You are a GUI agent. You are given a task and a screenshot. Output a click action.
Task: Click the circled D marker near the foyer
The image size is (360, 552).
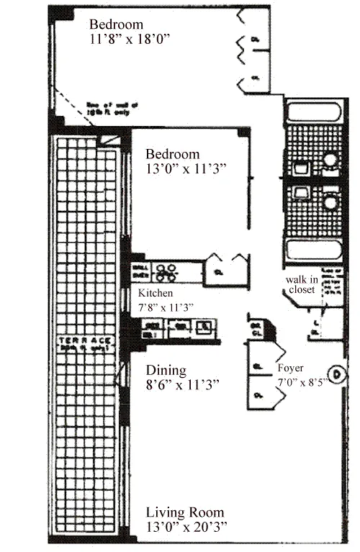coord(336,374)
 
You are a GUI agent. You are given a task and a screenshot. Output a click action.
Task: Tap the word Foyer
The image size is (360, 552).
coord(290,368)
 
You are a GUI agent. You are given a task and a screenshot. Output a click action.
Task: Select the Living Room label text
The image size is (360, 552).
coord(184,512)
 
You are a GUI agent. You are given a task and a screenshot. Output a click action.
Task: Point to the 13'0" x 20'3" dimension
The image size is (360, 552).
coord(186,528)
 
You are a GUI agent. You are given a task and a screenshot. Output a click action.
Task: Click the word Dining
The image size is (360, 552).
coord(166,371)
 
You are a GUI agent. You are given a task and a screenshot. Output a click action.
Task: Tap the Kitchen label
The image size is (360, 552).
coord(156,293)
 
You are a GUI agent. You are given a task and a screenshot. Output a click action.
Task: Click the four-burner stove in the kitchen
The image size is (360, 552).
coord(168,271)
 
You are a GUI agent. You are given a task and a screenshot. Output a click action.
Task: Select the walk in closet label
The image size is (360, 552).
coord(299,285)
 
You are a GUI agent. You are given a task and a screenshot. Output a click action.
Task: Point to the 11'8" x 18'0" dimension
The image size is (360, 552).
coord(129,40)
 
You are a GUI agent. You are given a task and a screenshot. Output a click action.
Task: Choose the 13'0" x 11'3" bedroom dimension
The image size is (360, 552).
coord(186,169)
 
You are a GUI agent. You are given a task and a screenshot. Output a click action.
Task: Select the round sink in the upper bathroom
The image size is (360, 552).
coord(330,160)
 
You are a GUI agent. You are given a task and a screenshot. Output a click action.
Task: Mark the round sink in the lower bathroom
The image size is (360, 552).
coord(330,202)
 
